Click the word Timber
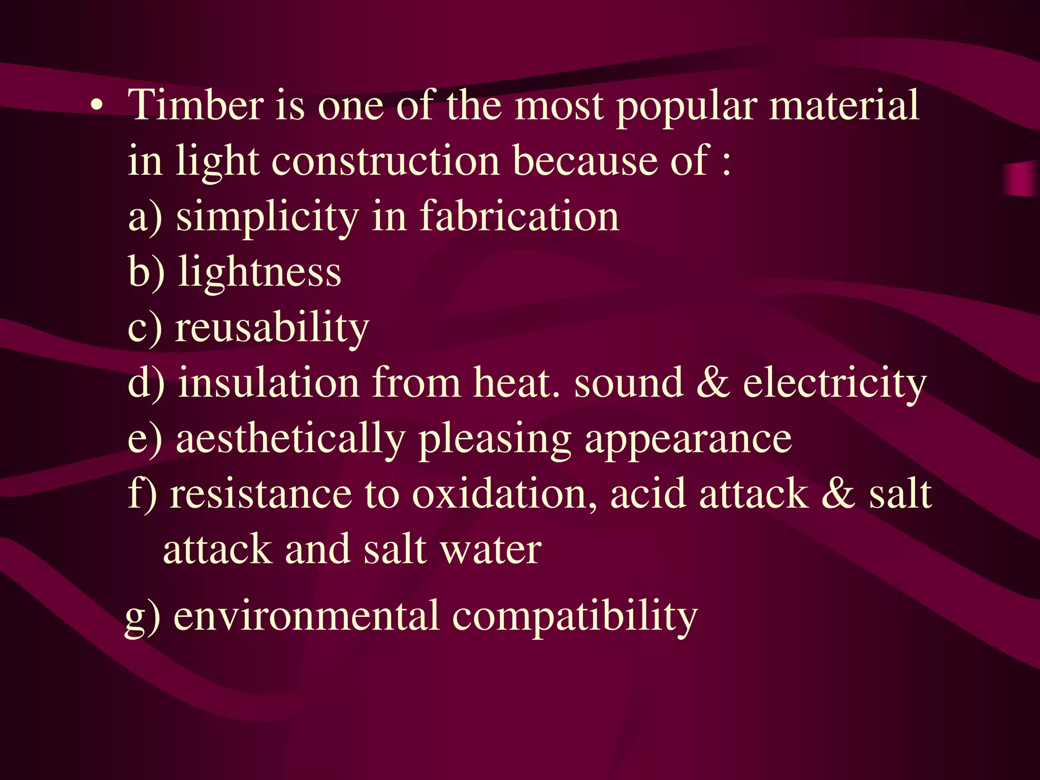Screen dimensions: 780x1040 coord(196,105)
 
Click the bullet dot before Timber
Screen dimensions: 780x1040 coord(96,106)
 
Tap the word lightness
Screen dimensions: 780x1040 coord(259,272)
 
